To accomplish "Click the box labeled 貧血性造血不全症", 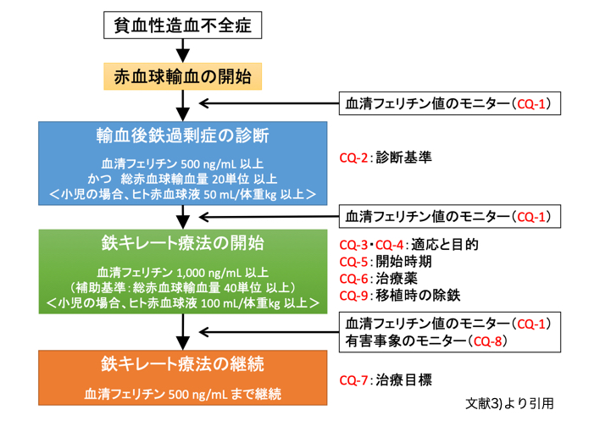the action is tap(182, 25).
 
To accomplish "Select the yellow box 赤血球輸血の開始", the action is tap(182, 76).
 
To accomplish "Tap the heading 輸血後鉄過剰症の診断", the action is tap(182, 136).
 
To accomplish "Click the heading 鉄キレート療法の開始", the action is tap(182, 243).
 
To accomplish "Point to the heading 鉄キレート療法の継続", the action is tap(182, 364).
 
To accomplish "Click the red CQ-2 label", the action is tap(353, 158).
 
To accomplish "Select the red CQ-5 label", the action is tap(353, 262).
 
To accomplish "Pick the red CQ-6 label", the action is tap(353, 279).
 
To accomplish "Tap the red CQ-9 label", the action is tap(353, 296).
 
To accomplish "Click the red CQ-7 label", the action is tap(353, 380).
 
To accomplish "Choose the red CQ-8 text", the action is tap(487, 341).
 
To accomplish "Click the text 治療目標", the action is tap(403, 380).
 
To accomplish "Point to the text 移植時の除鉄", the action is tap(418, 295).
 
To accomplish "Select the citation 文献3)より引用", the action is tap(509, 404).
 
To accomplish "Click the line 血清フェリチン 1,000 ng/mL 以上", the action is tap(182, 273).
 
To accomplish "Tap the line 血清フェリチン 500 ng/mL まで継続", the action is tap(182, 394).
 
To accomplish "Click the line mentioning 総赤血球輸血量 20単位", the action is tap(182, 179).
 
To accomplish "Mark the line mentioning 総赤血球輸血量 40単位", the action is tap(182, 287).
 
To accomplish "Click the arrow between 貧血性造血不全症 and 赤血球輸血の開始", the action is tap(182, 51).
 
